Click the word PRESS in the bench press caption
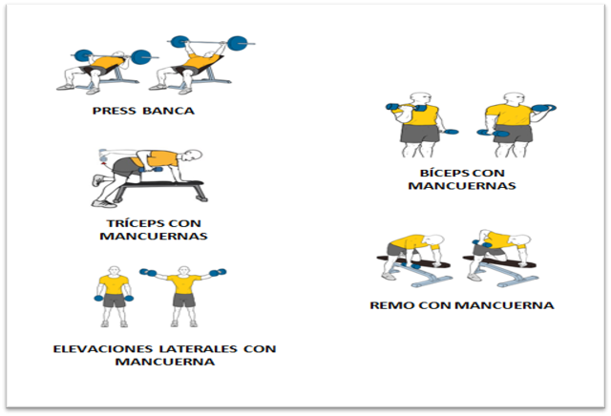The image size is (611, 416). point(115,111)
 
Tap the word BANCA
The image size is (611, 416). point(168,111)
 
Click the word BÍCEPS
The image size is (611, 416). point(442,173)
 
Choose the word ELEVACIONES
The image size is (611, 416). point(103,348)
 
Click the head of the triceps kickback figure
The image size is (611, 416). point(193,155)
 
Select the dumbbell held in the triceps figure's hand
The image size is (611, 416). point(151,170)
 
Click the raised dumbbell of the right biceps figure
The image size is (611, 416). point(543,108)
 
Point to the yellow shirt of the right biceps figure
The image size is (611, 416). point(510,114)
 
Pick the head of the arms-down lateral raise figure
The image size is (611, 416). point(114,271)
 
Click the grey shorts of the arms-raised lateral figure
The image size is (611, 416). point(184,300)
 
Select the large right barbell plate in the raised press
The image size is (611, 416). point(238,43)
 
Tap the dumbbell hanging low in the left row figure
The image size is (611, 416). point(411,265)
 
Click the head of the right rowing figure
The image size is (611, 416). point(523,240)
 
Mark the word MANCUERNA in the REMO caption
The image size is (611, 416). point(505,305)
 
